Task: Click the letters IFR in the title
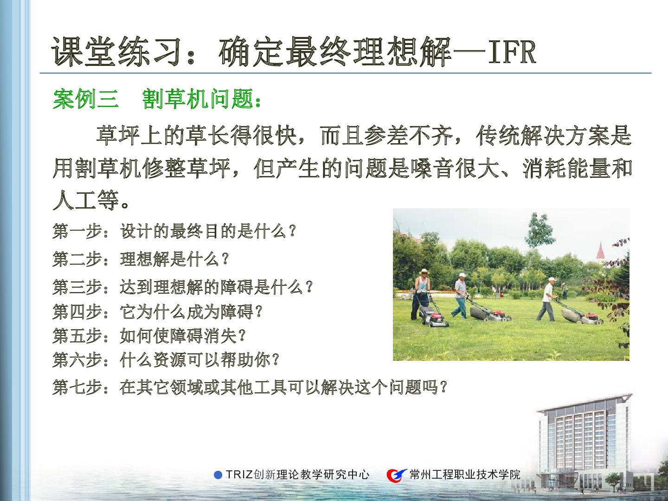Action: [x=512, y=52]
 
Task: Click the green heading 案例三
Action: [x=86, y=99]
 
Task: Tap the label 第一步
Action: [x=77, y=231]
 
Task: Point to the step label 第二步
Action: [x=77, y=259]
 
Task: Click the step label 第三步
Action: [x=77, y=287]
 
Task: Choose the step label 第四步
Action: [x=77, y=311]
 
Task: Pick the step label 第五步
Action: [x=77, y=336]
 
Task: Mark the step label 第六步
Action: [x=77, y=360]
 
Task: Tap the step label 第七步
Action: [x=77, y=387]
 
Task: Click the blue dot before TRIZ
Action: [x=218, y=475]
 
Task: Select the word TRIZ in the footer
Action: [x=239, y=475]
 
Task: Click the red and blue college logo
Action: [x=397, y=475]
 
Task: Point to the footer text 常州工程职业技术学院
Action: [x=465, y=475]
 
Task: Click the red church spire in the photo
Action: [x=600, y=250]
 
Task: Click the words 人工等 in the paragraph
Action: [x=86, y=200]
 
